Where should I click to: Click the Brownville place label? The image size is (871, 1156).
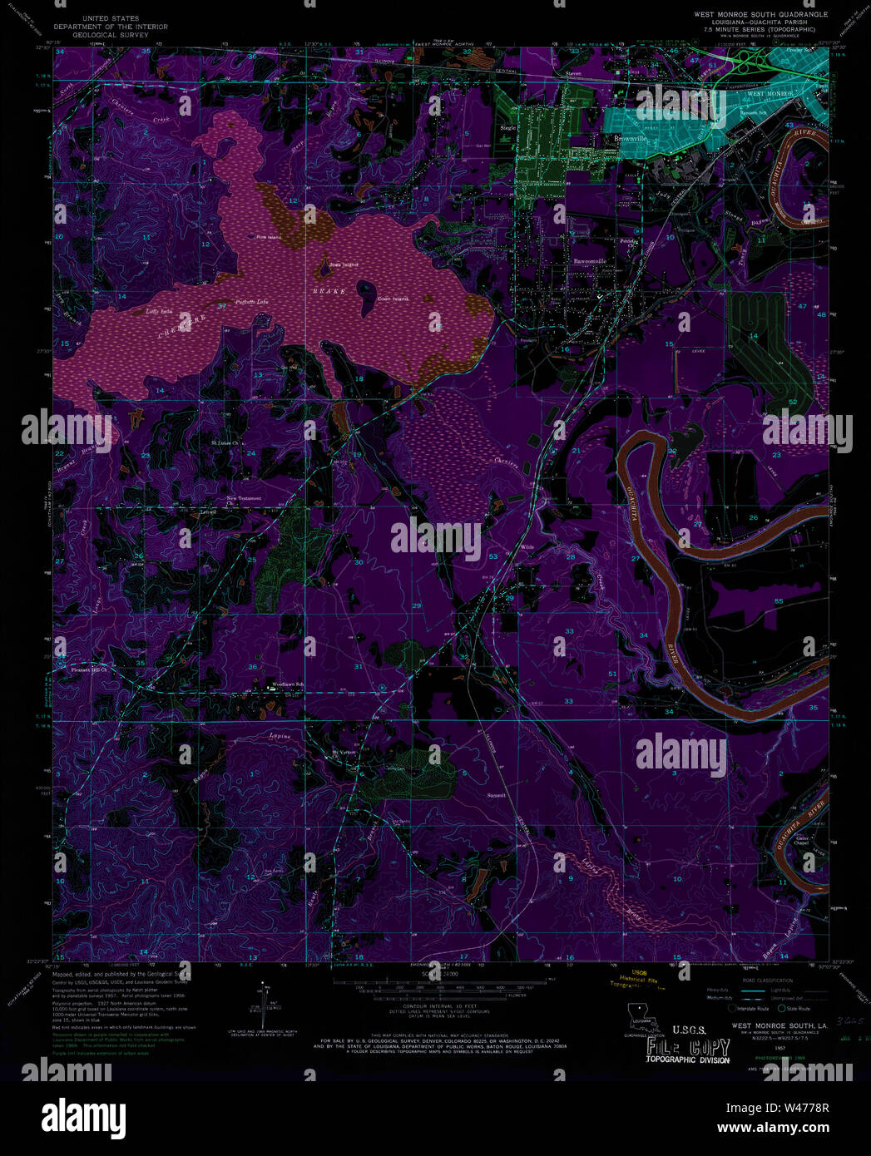pyautogui.click(x=626, y=138)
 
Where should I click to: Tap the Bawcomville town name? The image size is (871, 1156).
pyautogui.click(x=590, y=260)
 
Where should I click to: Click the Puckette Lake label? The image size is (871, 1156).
pyautogui.click(x=251, y=301)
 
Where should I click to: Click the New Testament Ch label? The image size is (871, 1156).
pyautogui.click(x=244, y=500)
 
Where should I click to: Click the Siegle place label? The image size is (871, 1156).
pyautogui.click(x=507, y=128)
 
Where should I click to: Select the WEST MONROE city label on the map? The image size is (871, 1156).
pyautogui.click(x=769, y=94)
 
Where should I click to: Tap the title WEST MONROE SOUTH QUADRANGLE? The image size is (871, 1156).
pyautogui.click(x=760, y=14)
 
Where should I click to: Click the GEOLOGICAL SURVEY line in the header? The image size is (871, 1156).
pyautogui.click(x=111, y=35)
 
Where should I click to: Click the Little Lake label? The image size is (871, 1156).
pyautogui.click(x=158, y=311)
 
